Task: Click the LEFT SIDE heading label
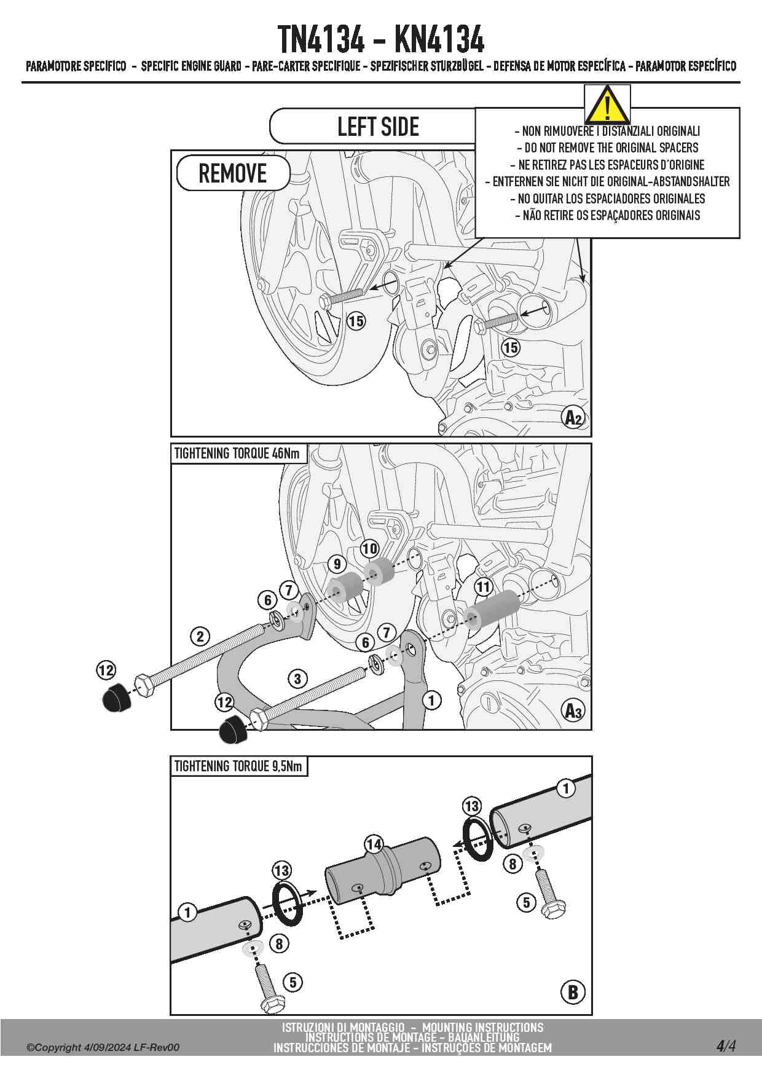point(378,127)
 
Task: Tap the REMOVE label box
point(233,173)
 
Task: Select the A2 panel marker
point(573,418)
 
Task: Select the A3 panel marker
point(573,711)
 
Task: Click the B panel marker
point(573,991)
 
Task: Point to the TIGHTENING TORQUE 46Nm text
point(237,454)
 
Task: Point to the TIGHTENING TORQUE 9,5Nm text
point(238,766)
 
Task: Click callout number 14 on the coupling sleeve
point(374,844)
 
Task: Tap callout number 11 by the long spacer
point(484,587)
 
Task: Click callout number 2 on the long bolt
point(200,636)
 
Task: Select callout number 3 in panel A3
point(297,679)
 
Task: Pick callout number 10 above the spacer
point(369,548)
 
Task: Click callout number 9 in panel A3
point(337,564)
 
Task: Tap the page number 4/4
point(725,1045)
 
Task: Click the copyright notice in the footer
point(103,1047)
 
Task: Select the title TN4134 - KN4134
point(380,39)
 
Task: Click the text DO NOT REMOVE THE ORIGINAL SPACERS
point(607,148)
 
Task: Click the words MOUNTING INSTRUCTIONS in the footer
point(482,1027)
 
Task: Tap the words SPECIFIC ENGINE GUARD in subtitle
point(191,66)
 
